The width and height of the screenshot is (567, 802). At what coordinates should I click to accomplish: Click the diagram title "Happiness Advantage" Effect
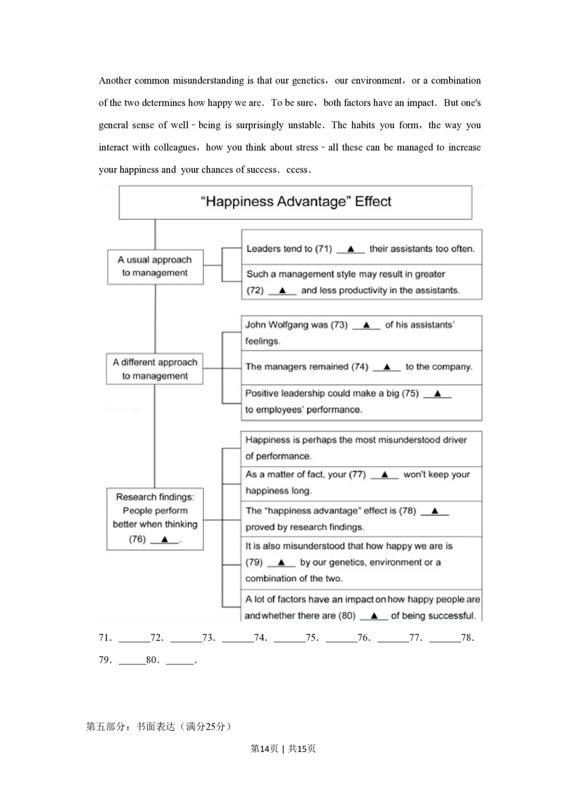295,202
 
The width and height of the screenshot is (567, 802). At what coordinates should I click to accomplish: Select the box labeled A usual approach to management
155,267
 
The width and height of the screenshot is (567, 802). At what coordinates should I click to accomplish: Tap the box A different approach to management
155,369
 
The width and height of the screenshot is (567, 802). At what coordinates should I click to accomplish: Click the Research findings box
155,518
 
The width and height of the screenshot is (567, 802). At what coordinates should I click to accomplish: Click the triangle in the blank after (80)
374,615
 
